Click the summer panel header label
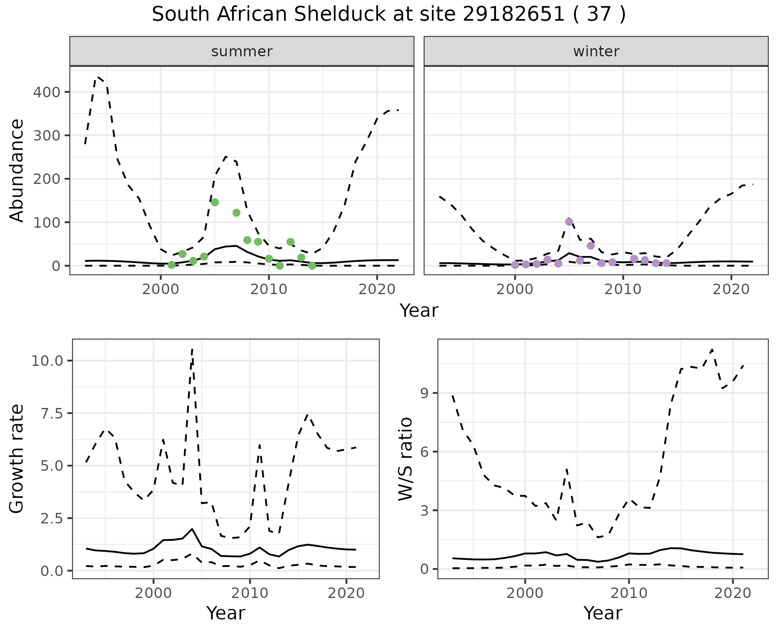pos(242,51)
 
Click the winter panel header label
pos(596,51)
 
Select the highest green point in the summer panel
pos(215,202)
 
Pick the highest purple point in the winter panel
pos(569,222)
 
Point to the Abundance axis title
pos(17,171)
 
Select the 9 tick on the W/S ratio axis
pos(424,393)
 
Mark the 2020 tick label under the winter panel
pos(731,289)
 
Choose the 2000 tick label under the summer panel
pos(160,289)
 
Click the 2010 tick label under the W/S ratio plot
pos(628,593)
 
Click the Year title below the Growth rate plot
pos(225,613)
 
